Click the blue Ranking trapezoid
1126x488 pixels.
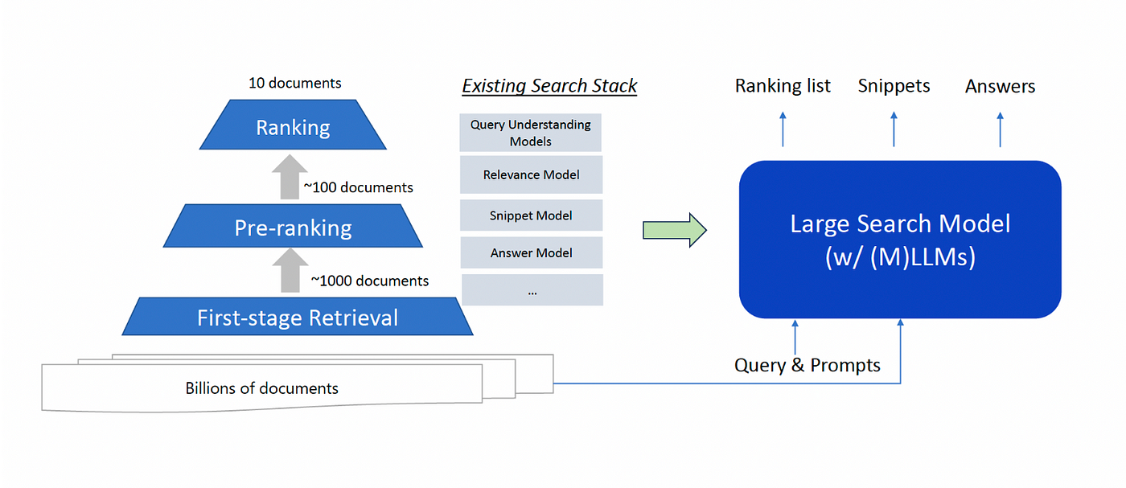[293, 125]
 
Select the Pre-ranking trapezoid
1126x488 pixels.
[293, 226]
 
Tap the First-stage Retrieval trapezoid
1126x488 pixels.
[298, 316]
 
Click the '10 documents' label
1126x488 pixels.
[294, 83]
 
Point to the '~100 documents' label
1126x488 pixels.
[358, 187]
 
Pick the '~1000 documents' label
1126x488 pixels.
[369, 281]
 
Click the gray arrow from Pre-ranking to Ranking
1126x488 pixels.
[290, 177]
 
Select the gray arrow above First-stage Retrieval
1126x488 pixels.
[290, 270]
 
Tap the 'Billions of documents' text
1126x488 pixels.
[261, 388]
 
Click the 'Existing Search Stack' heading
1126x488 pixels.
[549, 85]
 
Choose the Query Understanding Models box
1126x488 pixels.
[530, 133]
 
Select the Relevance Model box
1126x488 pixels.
[532, 175]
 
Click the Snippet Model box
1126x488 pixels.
[532, 215]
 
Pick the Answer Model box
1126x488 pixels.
[532, 252]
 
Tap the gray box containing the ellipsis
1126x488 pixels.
[532, 290]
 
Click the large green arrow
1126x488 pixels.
[675, 230]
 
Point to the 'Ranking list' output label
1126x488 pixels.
[783, 86]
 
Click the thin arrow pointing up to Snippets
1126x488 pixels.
[894, 129]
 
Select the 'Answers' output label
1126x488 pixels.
[1000, 87]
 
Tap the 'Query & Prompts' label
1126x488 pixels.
[808, 365]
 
